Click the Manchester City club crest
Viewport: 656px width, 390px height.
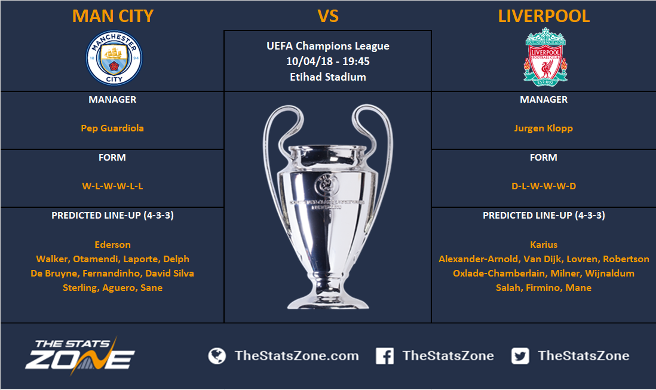click(x=114, y=58)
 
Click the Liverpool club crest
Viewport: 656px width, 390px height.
click(x=545, y=57)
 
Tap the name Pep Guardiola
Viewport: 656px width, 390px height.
click(x=112, y=128)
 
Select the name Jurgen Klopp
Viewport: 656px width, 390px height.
click(x=544, y=128)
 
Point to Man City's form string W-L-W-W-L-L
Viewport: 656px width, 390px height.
click(x=112, y=186)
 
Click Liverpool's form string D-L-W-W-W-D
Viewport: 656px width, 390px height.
click(x=544, y=186)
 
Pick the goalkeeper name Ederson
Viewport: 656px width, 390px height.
click(x=112, y=244)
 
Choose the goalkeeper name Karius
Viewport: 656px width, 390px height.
click(x=544, y=244)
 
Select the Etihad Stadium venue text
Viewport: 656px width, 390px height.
click(x=328, y=77)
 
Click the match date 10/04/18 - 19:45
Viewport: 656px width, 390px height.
click(x=328, y=62)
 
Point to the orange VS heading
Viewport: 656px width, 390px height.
click(x=328, y=16)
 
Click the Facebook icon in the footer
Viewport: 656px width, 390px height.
click(x=385, y=356)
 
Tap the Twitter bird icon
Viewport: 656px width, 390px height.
click(x=520, y=356)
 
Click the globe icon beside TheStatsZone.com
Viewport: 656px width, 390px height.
click(x=217, y=356)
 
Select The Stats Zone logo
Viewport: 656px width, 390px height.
click(x=79, y=355)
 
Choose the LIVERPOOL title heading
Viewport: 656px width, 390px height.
click(x=544, y=16)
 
